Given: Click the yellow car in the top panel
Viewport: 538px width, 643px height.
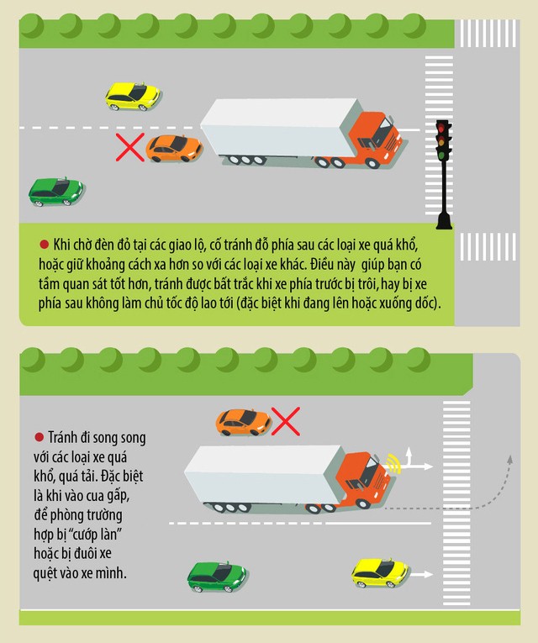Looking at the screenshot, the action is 133,97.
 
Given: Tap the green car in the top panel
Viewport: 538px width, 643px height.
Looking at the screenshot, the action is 55,192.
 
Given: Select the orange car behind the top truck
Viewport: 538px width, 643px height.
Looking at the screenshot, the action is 174,149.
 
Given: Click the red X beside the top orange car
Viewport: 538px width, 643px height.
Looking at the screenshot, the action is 130,147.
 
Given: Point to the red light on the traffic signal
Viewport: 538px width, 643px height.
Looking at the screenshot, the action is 441,128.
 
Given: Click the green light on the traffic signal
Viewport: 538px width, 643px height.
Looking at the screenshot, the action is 441,155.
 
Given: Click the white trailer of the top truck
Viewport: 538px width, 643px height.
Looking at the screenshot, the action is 281,127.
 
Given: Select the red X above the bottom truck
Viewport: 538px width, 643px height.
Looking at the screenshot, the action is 286,421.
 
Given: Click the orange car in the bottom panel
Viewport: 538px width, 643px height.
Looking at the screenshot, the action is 243,422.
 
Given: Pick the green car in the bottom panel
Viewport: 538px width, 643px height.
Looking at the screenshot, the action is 217,577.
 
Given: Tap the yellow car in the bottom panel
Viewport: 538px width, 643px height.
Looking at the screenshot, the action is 380,573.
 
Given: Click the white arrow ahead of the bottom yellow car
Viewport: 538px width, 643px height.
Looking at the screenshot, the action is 420,575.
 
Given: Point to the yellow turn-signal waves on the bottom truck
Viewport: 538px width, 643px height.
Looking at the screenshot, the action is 393,463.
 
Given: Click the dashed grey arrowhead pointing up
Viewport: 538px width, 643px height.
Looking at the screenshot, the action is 509,459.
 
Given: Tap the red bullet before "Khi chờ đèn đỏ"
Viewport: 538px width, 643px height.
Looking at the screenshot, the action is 44,245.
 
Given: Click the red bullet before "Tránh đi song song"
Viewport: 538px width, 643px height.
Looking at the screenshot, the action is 39,437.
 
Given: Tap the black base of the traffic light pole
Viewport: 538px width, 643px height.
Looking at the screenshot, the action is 444,220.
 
